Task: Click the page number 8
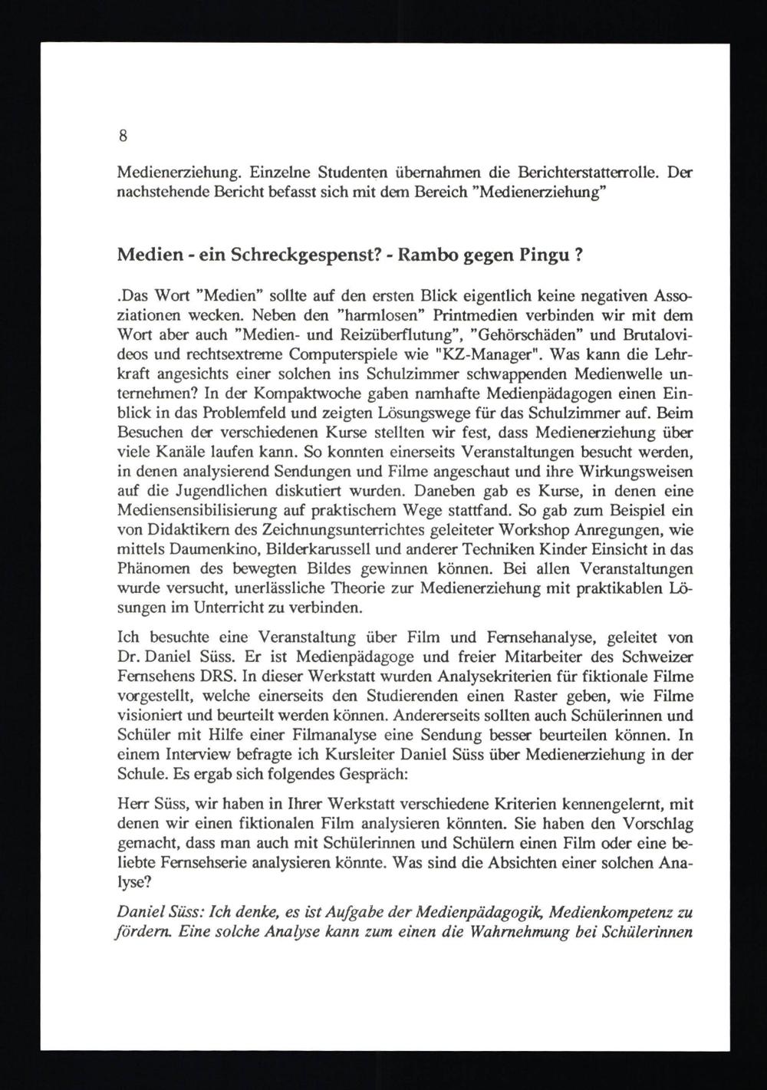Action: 123,137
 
